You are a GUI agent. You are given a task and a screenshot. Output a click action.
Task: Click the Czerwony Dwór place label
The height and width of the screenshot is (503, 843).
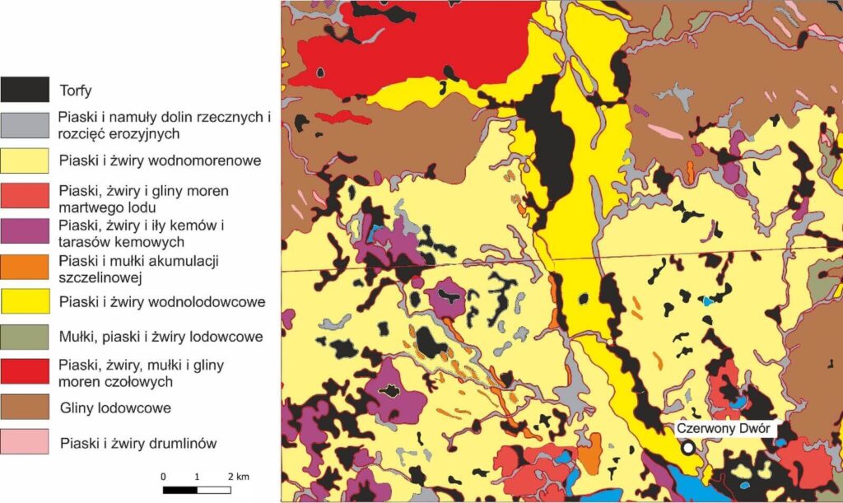pyautogui.click(x=721, y=428)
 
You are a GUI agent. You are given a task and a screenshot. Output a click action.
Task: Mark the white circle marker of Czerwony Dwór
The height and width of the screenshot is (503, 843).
pyautogui.click(x=687, y=447)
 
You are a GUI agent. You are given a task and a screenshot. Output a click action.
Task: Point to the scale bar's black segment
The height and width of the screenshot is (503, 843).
pyautogui.click(x=180, y=491)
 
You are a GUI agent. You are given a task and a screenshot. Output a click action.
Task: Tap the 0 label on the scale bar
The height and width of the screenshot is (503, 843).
pyautogui.click(x=164, y=477)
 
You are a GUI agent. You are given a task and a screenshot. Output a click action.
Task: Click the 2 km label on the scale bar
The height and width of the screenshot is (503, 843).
pyautogui.click(x=238, y=477)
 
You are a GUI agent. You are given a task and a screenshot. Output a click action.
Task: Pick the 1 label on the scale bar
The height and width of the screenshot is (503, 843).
pyautogui.click(x=198, y=477)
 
